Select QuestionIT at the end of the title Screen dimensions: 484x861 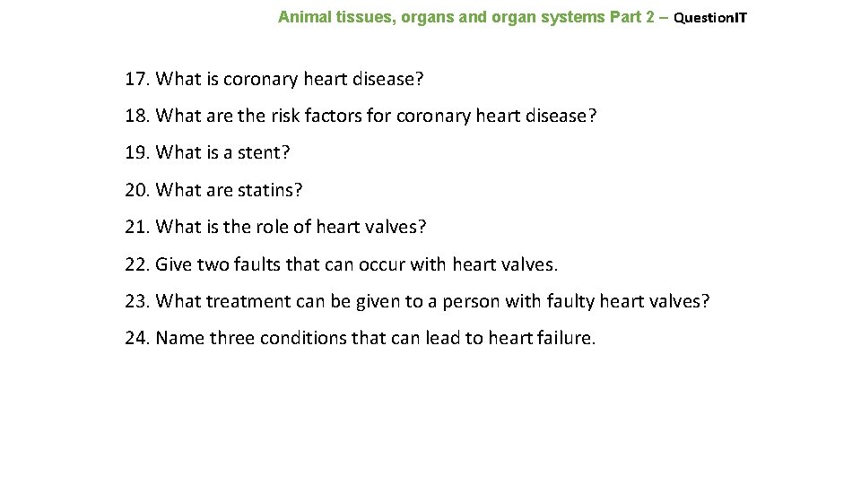pyautogui.click(x=710, y=17)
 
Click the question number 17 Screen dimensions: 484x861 pyautogui.click(x=136, y=79)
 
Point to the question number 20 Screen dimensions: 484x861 pyautogui.click(x=136, y=190)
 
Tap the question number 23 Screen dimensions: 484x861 pyautogui.click(x=136, y=301)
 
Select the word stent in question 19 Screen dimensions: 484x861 pyautogui.click(x=259, y=152)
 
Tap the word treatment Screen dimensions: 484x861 pyautogui.click(x=243, y=301)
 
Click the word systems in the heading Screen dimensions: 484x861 pyautogui.click(x=573, y=17)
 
